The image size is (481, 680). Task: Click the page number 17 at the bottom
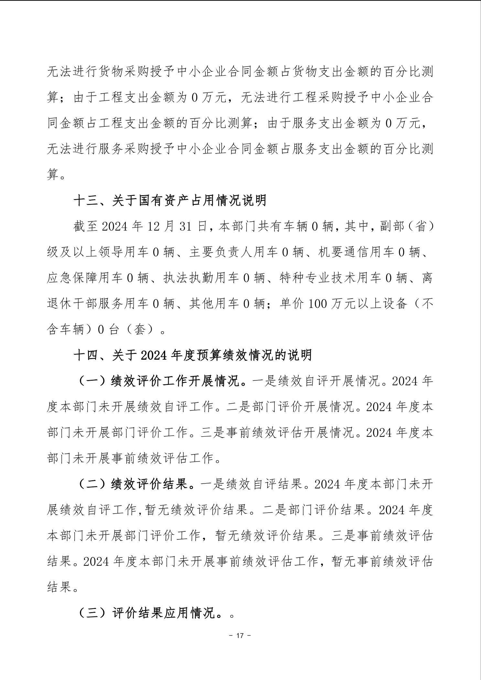tap(240, 635)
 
